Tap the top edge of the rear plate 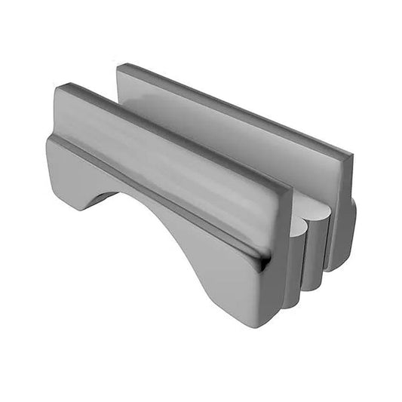click(x=234, y=109)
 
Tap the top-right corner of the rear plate click(x=350, y=155)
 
